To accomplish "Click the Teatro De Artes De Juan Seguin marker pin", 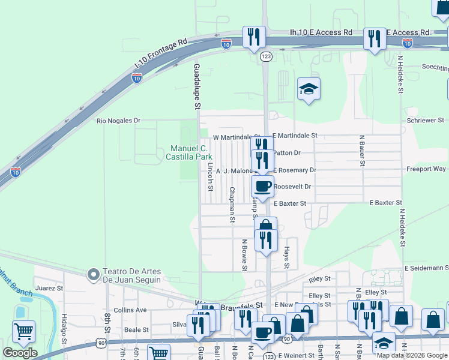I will (93, 275).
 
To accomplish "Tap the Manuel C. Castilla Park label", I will (189, 152).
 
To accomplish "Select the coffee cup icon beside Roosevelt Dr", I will (262, 187).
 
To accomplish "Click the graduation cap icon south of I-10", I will (309, 89).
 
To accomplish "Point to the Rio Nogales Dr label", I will (118, 121).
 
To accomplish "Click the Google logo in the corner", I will (20, 353).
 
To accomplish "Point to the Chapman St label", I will (232, 204).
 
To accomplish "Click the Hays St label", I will (287, 257).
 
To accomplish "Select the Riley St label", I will (319, 279).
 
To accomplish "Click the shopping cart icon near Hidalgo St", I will (23, 331).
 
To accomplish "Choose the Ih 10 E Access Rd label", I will (312, 32).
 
